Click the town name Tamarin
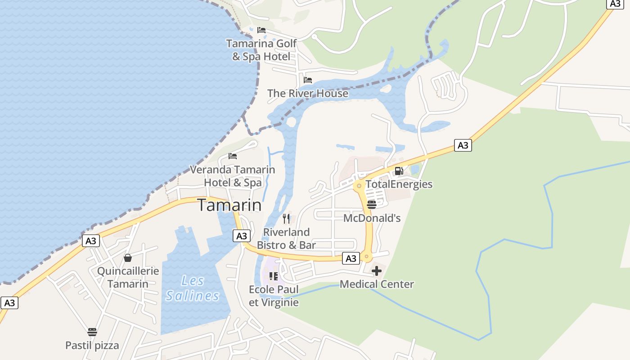click(x=229, y=205)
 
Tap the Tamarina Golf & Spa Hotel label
click(x=261, y=50)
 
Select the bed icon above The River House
click(x=308, y=80)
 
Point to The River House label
click(x=308, y=93)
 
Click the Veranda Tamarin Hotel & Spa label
click(x=232, y=176)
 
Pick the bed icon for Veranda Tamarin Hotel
click(x=233, y=156)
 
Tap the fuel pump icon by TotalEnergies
click(x=399, y=171)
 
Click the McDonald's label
click(x=372, y=218)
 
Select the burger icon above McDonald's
click(x=372, y=205)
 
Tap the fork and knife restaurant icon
click(x=286, y=219)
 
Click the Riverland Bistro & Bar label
click(x=286, y=238)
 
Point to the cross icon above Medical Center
click(x=377, y=271)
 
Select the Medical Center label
click(x=377, y=284)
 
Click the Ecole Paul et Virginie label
click(x=274, y=296)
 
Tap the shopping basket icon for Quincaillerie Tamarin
click(x=128, y=258)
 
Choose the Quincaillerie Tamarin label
click(x=128, y=277)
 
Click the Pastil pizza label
click(x=92, y=345)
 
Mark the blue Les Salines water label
click(x=193, y=288)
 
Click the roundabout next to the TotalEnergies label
click(x=359, y=185)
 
